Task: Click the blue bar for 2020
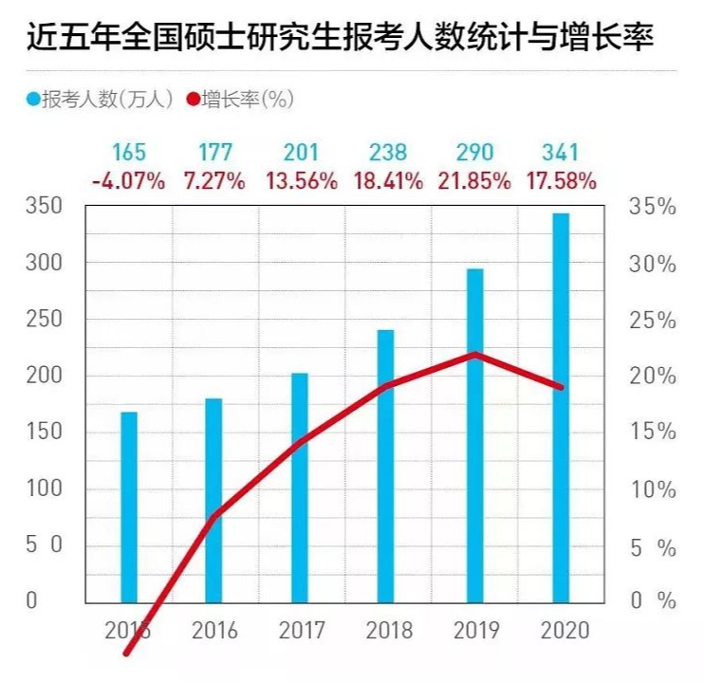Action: tap(561, 408)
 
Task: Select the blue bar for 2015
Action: tap(128, 507)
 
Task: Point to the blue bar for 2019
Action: tap(474, 435)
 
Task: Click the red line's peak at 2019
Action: tap(474, 355)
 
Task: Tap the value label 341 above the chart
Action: tap(560, 152)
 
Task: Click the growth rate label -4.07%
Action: tap(128, 180)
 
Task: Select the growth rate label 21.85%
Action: tap(473, 180)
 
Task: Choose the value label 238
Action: tap(387, 152)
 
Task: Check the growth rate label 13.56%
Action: tap(300, 180)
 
